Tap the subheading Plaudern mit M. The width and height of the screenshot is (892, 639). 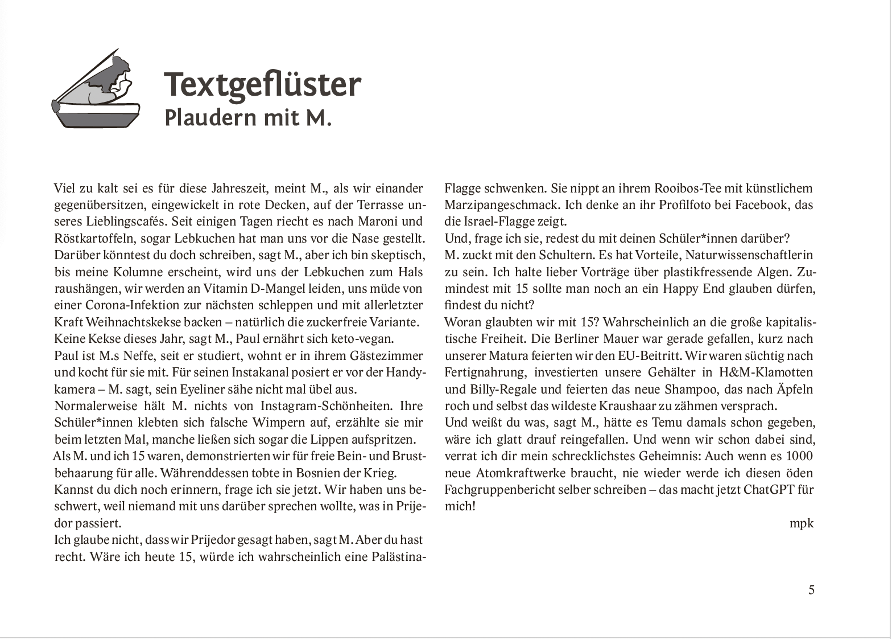coord(247,118)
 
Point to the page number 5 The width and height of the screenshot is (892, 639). coord(811,590)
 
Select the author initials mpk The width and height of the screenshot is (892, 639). coord(802,523)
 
